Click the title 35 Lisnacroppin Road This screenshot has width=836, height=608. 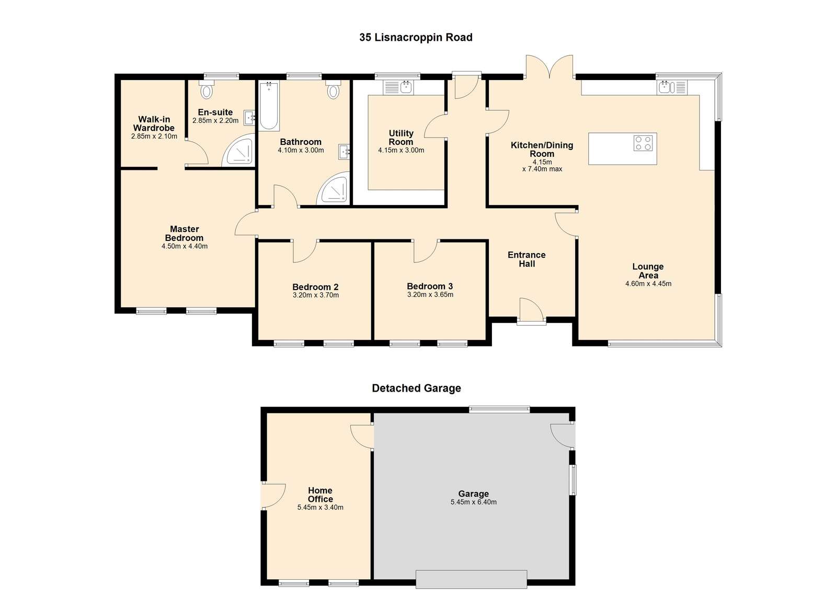point(416,37)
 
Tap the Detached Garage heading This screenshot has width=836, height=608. point(417,388)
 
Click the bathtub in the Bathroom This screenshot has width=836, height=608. point(269,106)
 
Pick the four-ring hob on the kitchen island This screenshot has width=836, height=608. point(643,143)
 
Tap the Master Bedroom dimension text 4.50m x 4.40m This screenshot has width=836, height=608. point(185,246)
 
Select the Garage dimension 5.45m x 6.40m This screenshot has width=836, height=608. point(474,502)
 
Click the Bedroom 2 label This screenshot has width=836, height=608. point(315,286)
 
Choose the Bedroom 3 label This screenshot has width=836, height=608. point(430,286)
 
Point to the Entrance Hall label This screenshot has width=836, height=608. point(526,259)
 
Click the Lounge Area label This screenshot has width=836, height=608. point(648,271)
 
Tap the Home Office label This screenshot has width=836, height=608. point(320,495)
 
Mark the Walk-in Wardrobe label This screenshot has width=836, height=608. point(154,123)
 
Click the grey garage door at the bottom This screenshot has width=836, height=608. point(472,579)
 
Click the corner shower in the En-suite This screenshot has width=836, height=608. point(238,151)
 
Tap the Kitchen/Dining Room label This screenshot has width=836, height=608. point(542,150)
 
